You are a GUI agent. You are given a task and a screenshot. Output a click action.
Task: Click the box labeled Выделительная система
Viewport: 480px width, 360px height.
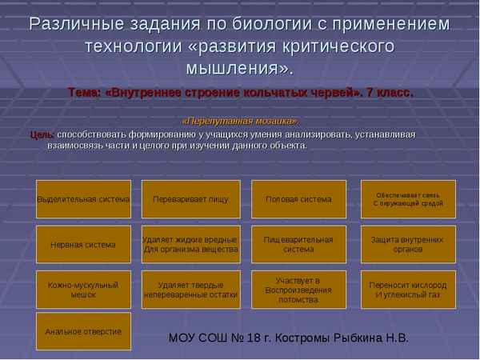tap(83, 199)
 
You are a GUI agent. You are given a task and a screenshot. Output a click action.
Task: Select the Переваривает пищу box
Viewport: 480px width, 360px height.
tap(190, 199)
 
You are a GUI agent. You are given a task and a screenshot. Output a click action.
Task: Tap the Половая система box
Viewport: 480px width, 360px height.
tap(298, 199)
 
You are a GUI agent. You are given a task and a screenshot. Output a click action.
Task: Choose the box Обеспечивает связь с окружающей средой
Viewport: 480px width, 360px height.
tap(407, 199)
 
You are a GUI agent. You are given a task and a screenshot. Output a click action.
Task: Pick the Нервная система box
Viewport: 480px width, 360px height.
tap(83, 244)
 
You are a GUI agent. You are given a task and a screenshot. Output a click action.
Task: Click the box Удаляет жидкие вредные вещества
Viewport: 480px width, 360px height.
tap(190, 244)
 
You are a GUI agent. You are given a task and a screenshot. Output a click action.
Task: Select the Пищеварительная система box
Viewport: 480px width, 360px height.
tap(298, 244)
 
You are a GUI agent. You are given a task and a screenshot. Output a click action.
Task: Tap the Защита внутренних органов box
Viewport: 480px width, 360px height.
tap(407, 244)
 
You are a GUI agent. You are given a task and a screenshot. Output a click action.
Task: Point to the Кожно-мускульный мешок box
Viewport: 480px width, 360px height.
tap(83, 289)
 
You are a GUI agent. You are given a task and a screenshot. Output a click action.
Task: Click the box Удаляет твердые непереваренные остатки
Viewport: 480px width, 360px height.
tap(190, 289)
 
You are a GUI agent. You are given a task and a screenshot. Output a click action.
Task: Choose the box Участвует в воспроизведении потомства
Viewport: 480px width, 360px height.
tap(298, 289)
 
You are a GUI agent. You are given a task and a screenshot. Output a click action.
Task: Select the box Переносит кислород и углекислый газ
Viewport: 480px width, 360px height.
tap(407, 289)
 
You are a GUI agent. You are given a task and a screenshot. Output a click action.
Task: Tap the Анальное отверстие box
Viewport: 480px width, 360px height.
tap(83, 331)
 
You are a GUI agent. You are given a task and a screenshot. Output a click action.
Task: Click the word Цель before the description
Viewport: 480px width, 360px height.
tap(42, 134)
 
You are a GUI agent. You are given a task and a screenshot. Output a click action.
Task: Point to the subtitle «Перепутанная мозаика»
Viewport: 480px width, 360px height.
tap(240, 121)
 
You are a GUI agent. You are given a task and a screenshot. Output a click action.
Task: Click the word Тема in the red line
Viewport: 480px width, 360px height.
tap(84, 92)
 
